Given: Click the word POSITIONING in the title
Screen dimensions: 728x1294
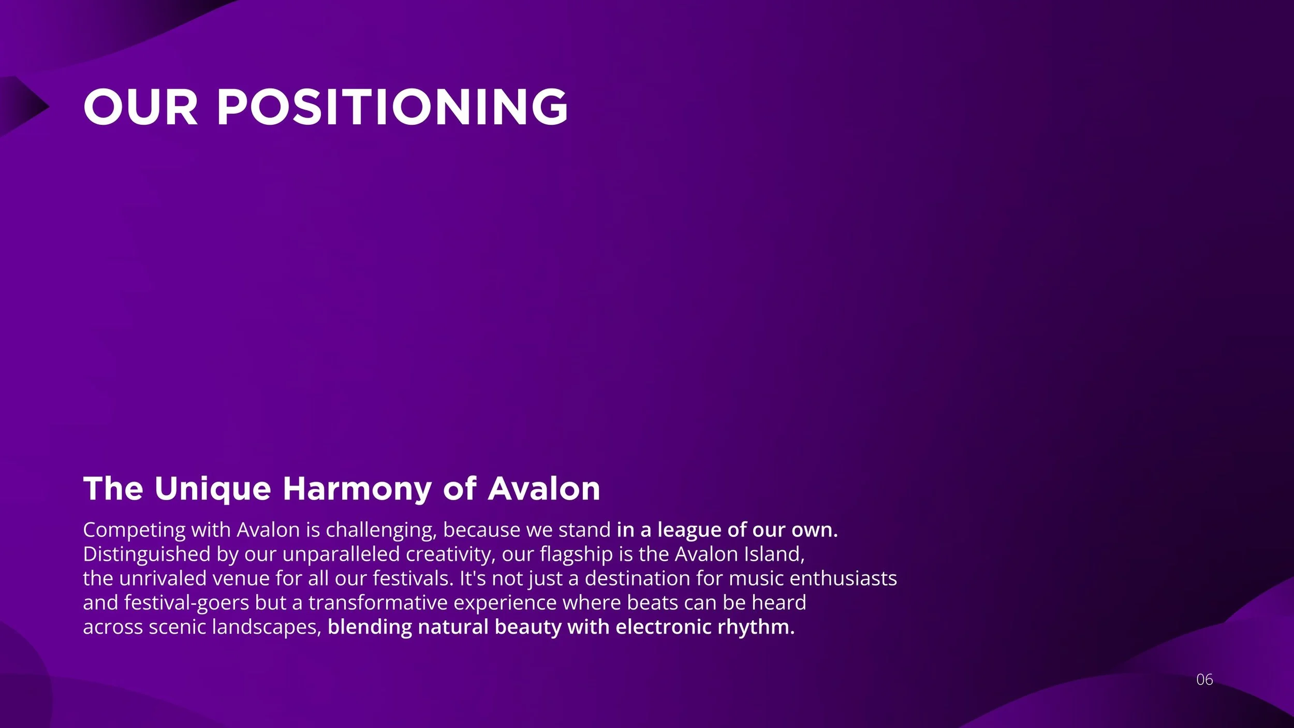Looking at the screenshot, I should [392, 107].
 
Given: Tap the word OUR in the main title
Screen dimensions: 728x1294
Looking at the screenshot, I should [140, 107].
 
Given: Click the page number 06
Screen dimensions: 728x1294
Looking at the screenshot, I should [1204, 680].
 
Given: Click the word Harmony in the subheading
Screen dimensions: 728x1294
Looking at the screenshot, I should [357, 489].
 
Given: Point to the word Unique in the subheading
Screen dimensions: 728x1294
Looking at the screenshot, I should [212, 489].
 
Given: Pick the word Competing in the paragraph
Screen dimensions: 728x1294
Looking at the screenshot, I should [134, 530].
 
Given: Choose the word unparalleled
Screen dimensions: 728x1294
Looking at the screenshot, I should [341, 555].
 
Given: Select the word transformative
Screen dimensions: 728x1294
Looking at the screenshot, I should [378, 603].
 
